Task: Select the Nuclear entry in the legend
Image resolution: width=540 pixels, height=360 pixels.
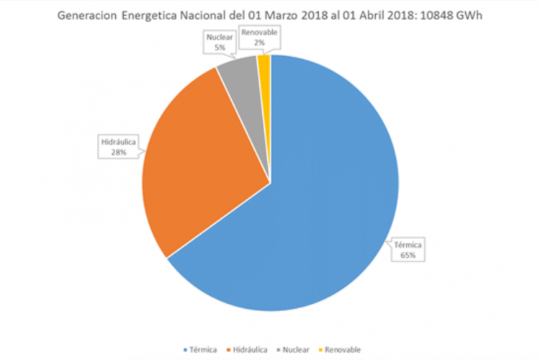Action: click(294, 349)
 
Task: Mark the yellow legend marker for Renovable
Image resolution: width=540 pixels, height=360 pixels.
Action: click(320, 349)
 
